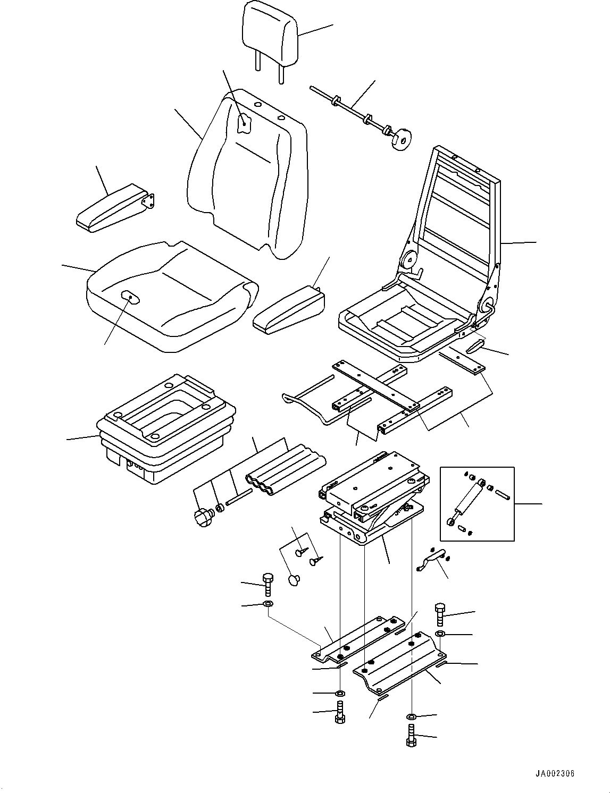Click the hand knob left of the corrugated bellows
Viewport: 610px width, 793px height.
click(x=204, y=517)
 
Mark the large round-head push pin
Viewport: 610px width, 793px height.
click(x=294, y=580)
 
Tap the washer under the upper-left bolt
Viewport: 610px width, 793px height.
click(x=268, y=604)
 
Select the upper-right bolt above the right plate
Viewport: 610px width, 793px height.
click(x=440, y=614)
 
